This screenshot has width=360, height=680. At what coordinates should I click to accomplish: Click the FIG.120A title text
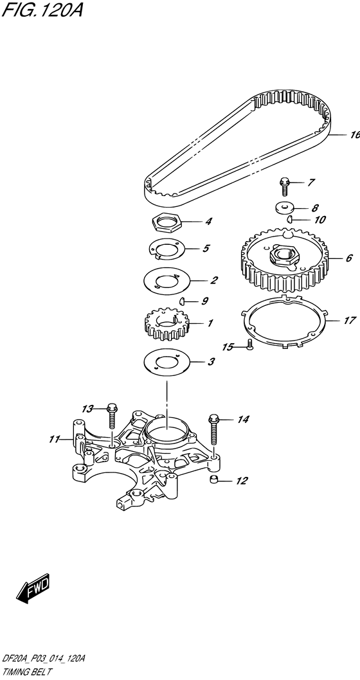tap(42, 11)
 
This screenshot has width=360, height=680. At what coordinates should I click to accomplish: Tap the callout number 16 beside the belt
tap(352, 135)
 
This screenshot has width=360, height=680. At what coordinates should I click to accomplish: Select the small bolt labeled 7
tap(283, 185)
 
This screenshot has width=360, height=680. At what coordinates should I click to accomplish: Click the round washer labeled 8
tap(283, 208)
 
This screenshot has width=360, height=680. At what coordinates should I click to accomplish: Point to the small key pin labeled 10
tap(291, 219)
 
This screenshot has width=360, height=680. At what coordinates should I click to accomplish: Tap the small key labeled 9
tap(183, 300)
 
